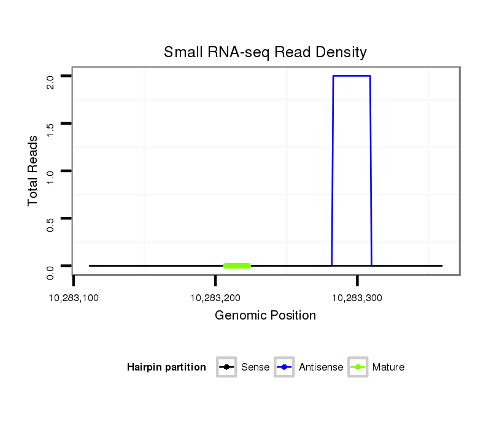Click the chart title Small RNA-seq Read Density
coord(265,52)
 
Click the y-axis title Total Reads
coord(33,171)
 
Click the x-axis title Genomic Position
coord(265,316)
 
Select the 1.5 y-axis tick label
coord(50,129)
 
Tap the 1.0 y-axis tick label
coord(50,176)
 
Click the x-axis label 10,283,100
coord(74,298)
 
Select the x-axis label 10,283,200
coord(215,298)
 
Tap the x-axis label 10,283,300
coord(357,298)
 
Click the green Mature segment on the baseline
coord(237,265)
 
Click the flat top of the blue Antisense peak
coord(352,76)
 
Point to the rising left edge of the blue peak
coord(333,172)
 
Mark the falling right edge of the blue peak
coord(371,172)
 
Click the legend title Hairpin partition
coord(166,367)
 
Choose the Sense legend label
coord(255,367)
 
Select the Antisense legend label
coord(321,367)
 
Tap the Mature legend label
coord(388,367)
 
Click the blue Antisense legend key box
coord(285,367)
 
